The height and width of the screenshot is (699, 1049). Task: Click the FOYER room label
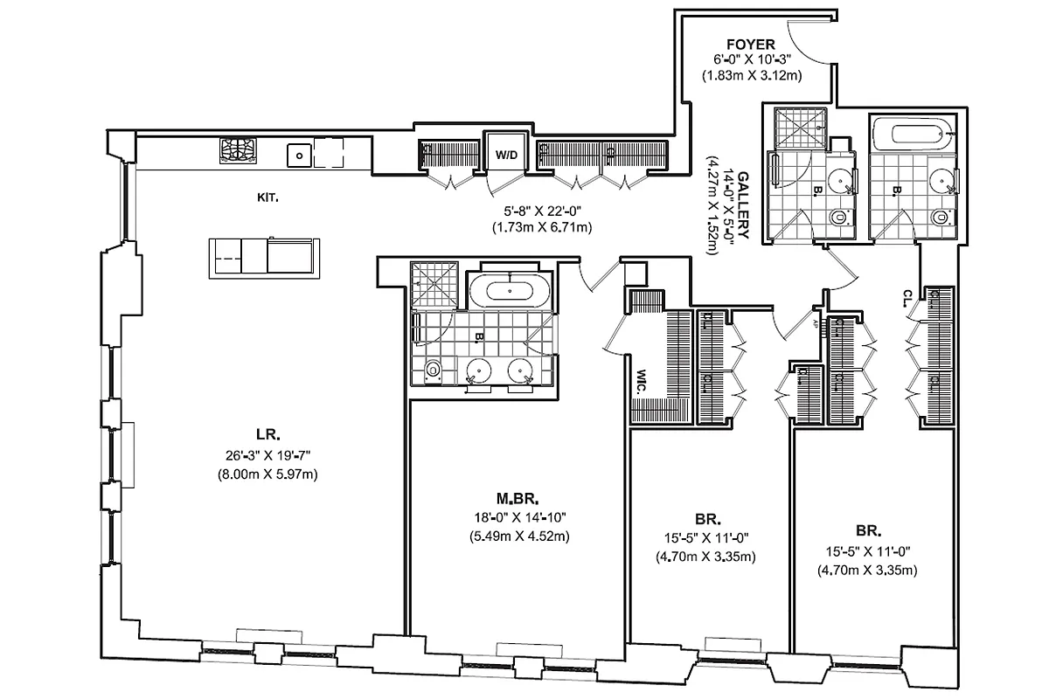coord(751,44)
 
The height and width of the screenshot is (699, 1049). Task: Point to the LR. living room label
coord(267,434)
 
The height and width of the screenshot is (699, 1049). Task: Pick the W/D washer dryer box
coord(505,155)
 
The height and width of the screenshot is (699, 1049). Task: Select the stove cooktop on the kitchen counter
coord(240,151)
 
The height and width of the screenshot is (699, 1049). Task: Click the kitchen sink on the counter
coord(300,156)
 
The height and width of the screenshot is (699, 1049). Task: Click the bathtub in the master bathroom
coord(510,288)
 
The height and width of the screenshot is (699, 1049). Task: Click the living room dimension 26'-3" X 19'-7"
coord(267,454)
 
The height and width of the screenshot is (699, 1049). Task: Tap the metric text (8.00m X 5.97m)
coord(267,474)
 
